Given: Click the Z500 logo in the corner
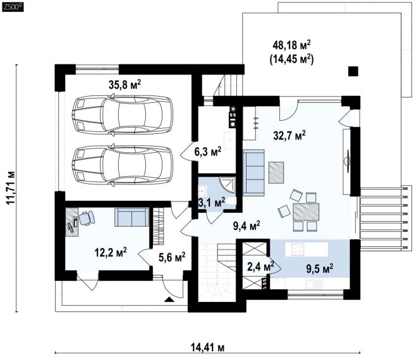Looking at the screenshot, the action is (x=13, y=7).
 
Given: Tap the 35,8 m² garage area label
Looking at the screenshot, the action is (x=125, y=85).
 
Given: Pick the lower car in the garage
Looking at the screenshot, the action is (x=122, y=165).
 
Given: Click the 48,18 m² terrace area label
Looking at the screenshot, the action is (x=291, y=45).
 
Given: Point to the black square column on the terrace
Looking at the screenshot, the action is (x=353, y=71).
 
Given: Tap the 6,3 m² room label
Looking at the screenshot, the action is (x=210, y=152).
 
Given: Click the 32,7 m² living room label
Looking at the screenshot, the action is (x=289, y=136).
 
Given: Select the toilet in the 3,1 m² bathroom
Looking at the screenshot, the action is (x=231, y=201).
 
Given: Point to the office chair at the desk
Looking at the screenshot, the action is (x=87, y=218).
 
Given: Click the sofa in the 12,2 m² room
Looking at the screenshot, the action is (x=131, y=217).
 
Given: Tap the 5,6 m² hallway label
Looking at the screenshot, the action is (x=172, y=257).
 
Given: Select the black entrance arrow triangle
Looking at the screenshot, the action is (x=169, y=299).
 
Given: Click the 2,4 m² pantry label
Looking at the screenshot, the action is (x=260, y=267).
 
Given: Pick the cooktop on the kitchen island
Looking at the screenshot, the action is (x=298, y=249).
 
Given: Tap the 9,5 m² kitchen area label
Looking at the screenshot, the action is (x=319, y=269).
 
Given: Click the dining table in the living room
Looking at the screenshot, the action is (x=306, y=212).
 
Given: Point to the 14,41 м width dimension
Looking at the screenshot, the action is (x=207, y=347).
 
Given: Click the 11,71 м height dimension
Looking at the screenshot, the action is (x=11, y=188).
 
